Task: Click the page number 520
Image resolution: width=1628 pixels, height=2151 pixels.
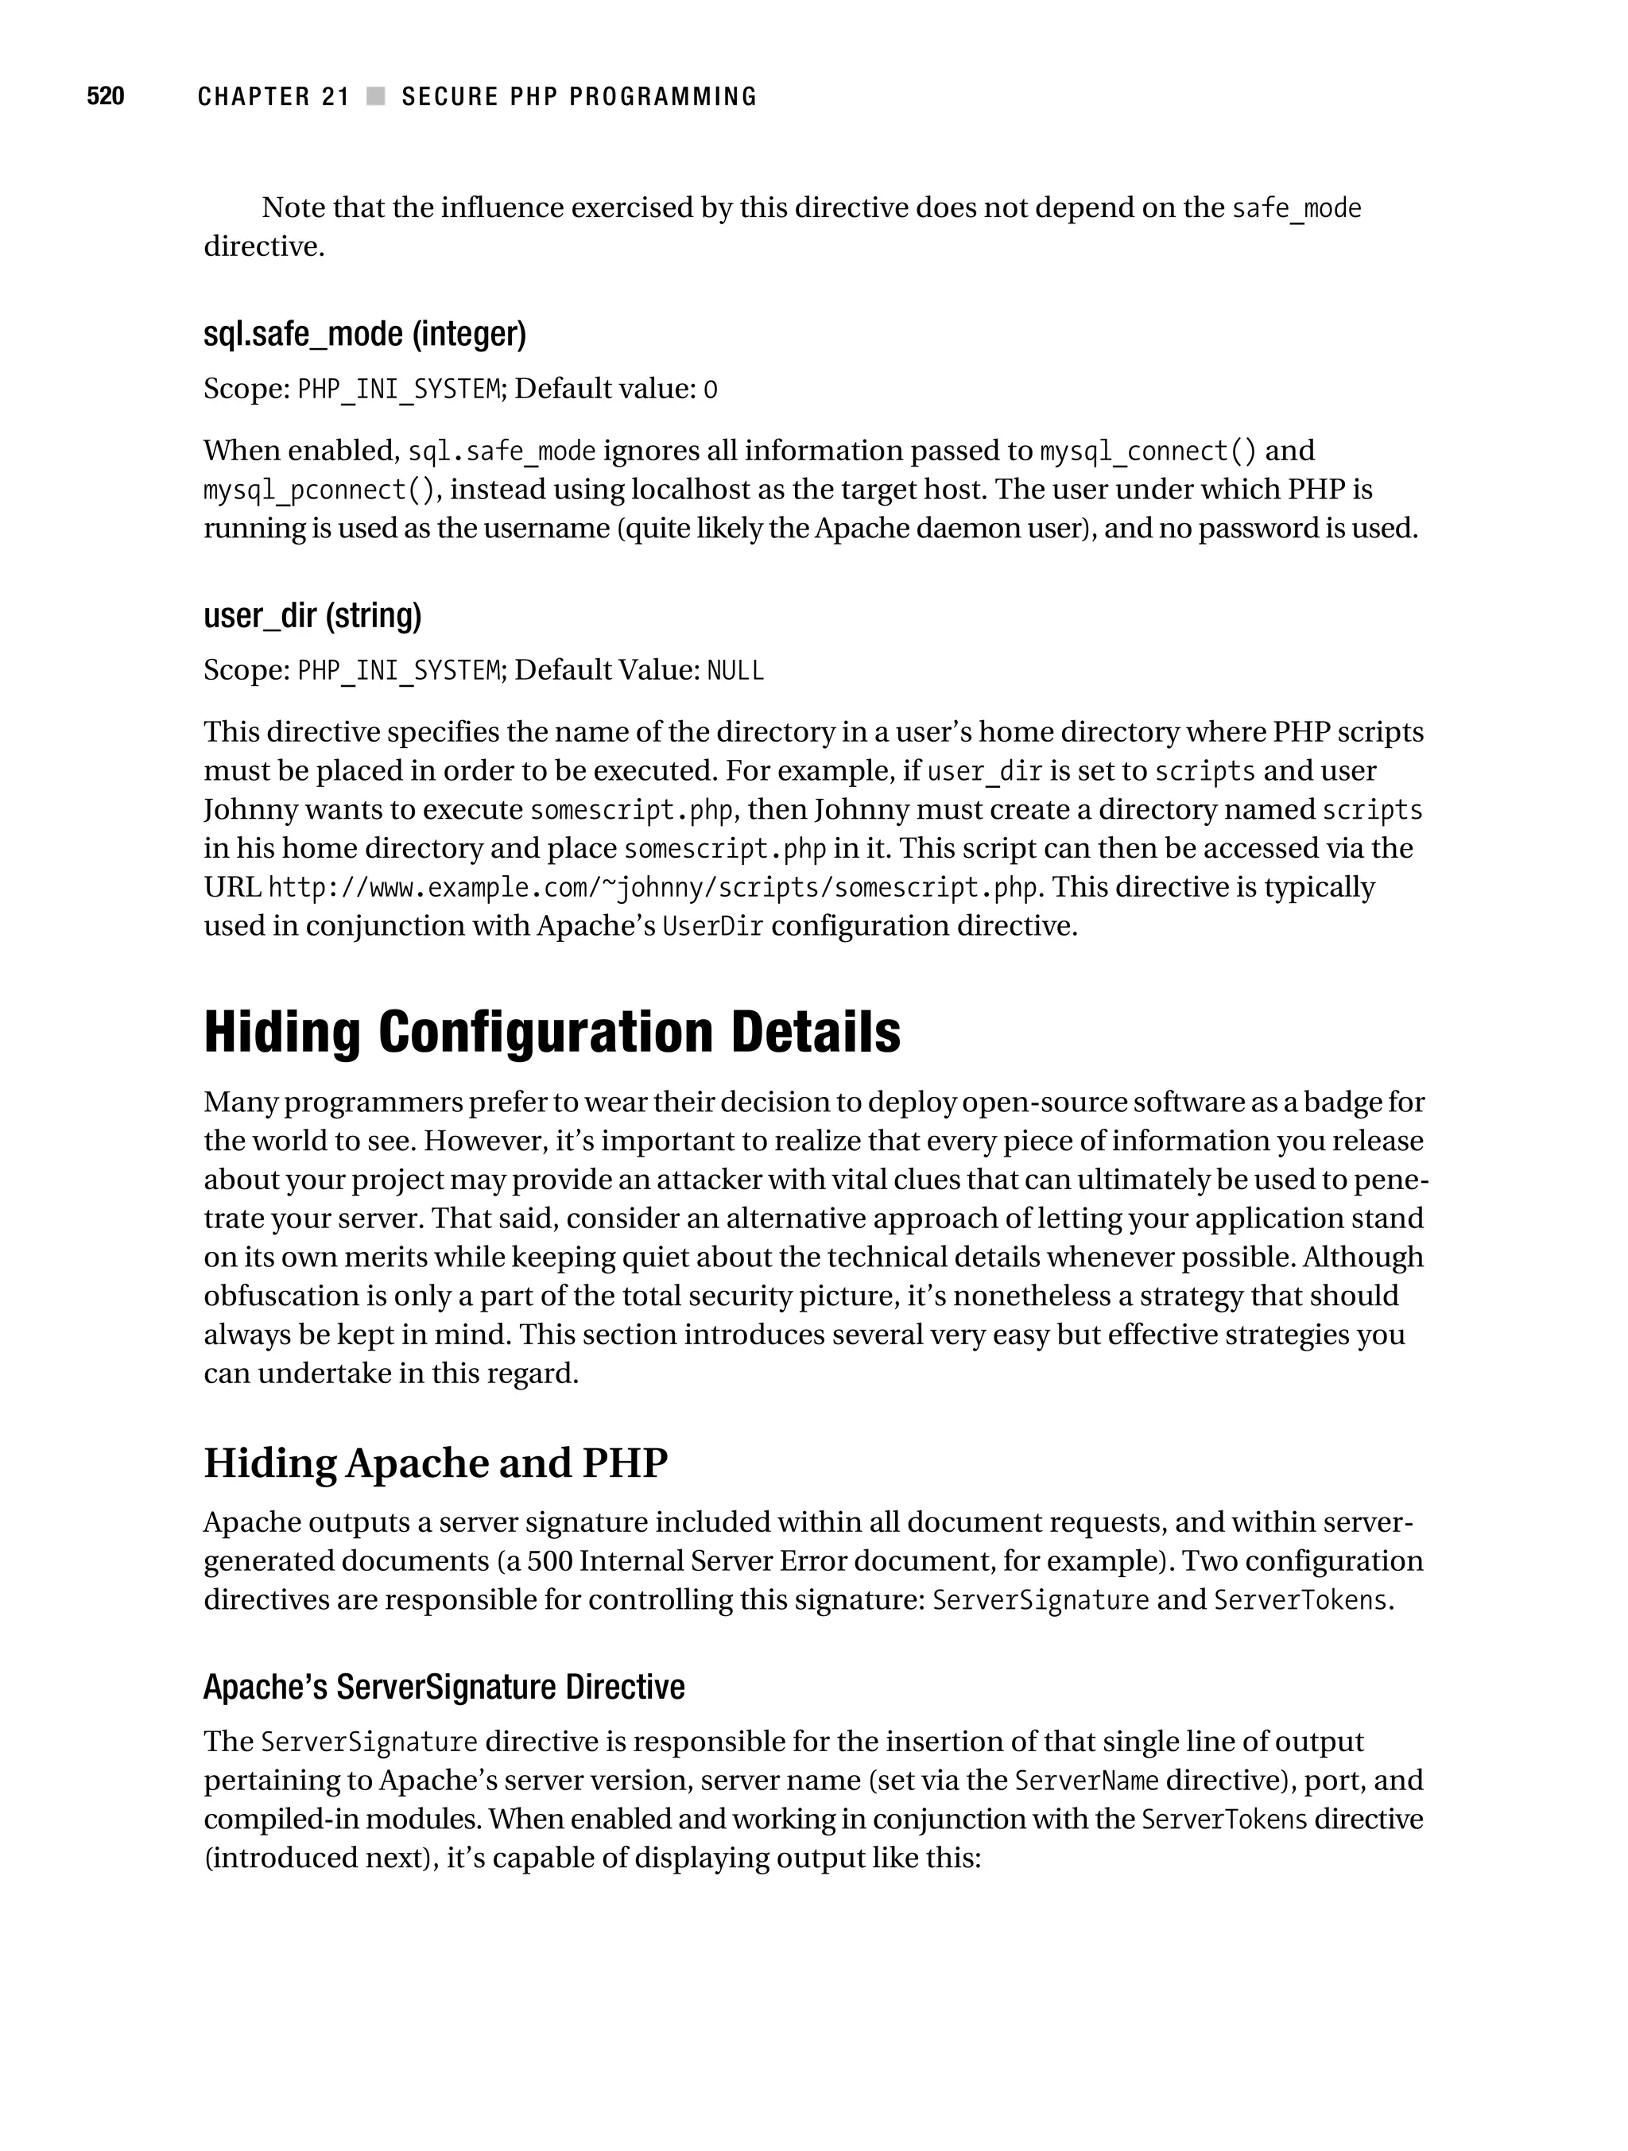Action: tap(105, 96)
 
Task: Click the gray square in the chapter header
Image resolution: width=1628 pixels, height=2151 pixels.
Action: tap(375, 96)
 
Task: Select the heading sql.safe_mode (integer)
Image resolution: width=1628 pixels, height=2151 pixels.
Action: tap(364, 334)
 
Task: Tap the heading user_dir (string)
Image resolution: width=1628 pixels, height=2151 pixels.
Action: tap(312, 614)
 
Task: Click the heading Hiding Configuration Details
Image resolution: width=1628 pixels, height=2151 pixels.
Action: tap(552, 1032)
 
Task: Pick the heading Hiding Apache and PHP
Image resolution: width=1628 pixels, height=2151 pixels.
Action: tap(435, 1463)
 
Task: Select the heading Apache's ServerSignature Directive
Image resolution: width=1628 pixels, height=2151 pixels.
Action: tap(444, 1687)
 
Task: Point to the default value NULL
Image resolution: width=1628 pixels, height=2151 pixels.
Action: tap(735, 671)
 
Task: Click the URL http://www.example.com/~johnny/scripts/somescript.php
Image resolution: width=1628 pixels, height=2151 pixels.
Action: tap(653, 888)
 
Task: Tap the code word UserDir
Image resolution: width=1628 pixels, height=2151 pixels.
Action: tap(712, 927)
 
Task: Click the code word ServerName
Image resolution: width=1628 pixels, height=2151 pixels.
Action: tap(1087, 1781)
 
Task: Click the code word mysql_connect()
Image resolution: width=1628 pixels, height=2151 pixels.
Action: tap(1148, 452)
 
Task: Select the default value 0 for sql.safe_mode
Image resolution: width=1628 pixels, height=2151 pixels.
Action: tap(710, 390)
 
